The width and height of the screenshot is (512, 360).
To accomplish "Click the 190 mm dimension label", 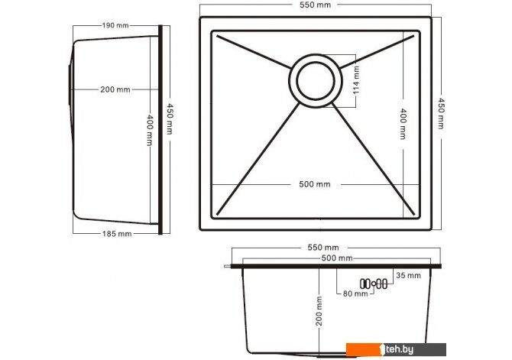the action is [x=115, y=25].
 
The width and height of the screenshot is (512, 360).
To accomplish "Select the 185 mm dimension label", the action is [x=117, y=234].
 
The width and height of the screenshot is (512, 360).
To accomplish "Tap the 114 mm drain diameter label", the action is [x=356, y=80].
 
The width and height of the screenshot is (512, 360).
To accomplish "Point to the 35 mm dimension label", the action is [x=408, y=275].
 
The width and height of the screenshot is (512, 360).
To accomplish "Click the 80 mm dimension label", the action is [x=355, y=294].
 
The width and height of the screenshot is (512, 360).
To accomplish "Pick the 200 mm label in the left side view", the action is [x=115, y=89].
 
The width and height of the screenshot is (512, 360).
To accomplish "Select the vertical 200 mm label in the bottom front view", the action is [x=319, y=311].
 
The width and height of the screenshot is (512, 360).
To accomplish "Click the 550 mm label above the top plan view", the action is [x=315, y=5].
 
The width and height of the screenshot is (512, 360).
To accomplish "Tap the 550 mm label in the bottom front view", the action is [x=323, y=248].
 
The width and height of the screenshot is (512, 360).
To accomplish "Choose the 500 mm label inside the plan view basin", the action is [x=315, y=184].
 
